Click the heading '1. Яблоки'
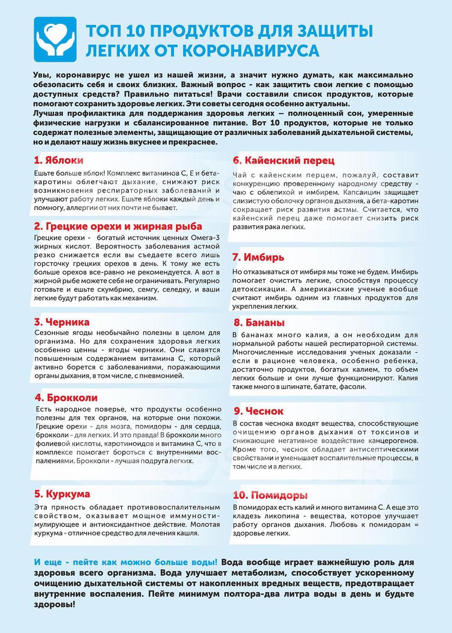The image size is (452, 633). click(x=59, y=161)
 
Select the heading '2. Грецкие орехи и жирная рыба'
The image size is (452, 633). click(x=118, y=227)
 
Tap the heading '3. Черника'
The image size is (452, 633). click(x=62, y=322)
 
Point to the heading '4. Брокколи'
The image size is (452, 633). click(x=66, y=398)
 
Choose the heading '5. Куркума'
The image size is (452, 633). click(x=62, y=494)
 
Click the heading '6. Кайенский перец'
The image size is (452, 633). click(x=283, y=161)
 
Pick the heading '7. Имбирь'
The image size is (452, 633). click(x=258, y=258)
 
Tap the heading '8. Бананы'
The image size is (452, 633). click(x=259, y=323)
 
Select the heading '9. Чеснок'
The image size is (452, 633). click(x=259, y=411)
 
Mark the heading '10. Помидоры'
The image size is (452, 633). click(x=270, y=495)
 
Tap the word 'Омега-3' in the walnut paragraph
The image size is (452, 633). click(x=204, y=238)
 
